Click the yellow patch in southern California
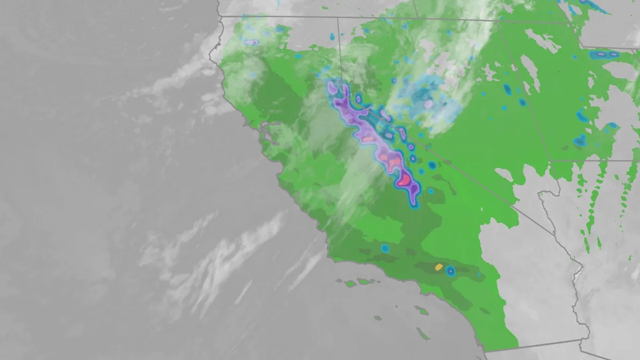tap(439, 266)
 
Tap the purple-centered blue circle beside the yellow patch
tap(451, 271)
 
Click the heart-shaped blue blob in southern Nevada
tap(580, 141)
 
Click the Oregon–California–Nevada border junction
tap(338, 18)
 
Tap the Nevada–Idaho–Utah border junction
tap(499, 22)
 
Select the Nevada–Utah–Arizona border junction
tap(549, 161)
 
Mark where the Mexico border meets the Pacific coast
tap(485, 351)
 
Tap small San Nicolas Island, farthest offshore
tap(378, 318)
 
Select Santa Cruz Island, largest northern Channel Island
tap(363, 281)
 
